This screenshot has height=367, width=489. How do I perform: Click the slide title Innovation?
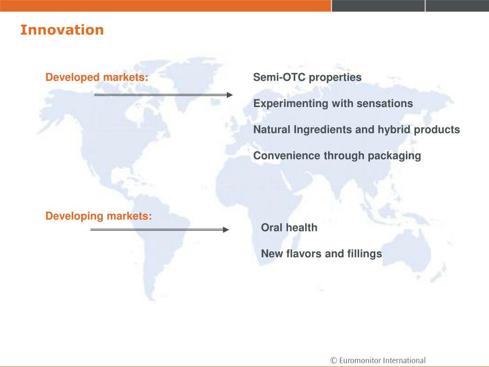62,30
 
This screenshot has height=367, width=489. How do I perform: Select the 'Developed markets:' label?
97,77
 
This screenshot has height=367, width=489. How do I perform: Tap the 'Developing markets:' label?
98,216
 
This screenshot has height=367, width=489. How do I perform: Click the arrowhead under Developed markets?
230,95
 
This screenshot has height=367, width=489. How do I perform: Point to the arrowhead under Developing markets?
226,230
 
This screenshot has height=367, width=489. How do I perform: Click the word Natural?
272,129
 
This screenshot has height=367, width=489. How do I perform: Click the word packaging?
394,156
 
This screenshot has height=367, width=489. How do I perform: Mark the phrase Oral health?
289,227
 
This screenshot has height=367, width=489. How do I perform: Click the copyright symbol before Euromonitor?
334,360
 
